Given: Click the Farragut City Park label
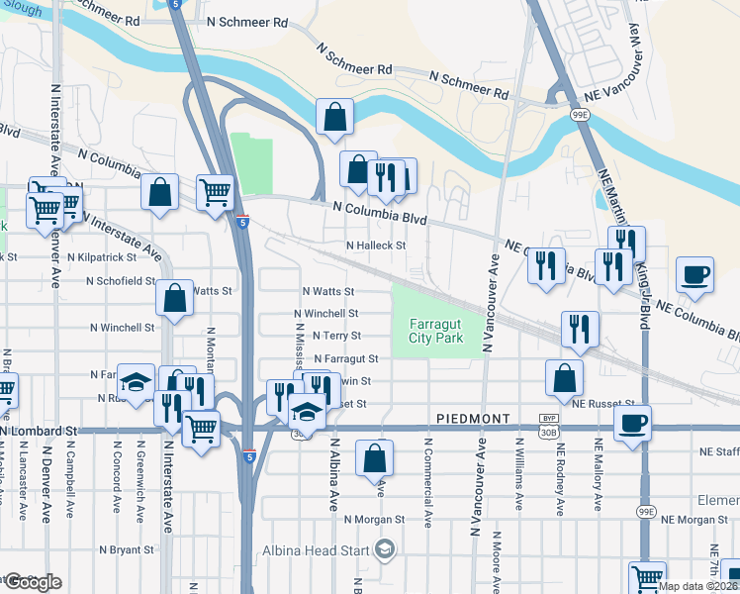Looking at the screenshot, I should [435, 331].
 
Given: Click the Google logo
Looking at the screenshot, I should [32, 582].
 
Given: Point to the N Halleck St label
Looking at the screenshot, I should [375, 246].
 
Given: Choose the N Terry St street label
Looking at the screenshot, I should [331, 336].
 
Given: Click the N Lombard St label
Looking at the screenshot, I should [39, 431].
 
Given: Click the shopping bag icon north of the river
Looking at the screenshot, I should [335, 116].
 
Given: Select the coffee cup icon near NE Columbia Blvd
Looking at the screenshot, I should [694, 275].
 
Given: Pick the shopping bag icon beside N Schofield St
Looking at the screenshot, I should [174, 300].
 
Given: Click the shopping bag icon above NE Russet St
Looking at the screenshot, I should [563, 377].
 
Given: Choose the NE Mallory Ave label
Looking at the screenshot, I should [598, 476].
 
